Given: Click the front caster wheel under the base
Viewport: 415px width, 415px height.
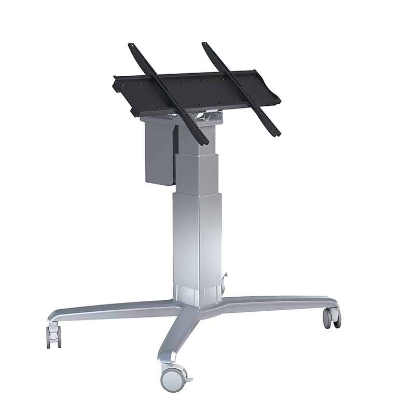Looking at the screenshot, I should point(172,379).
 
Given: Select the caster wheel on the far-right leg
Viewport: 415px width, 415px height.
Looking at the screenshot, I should point(332,317).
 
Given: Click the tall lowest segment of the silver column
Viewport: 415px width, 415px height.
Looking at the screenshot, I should point(197,239).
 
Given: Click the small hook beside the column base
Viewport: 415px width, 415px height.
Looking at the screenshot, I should point(225,280).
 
